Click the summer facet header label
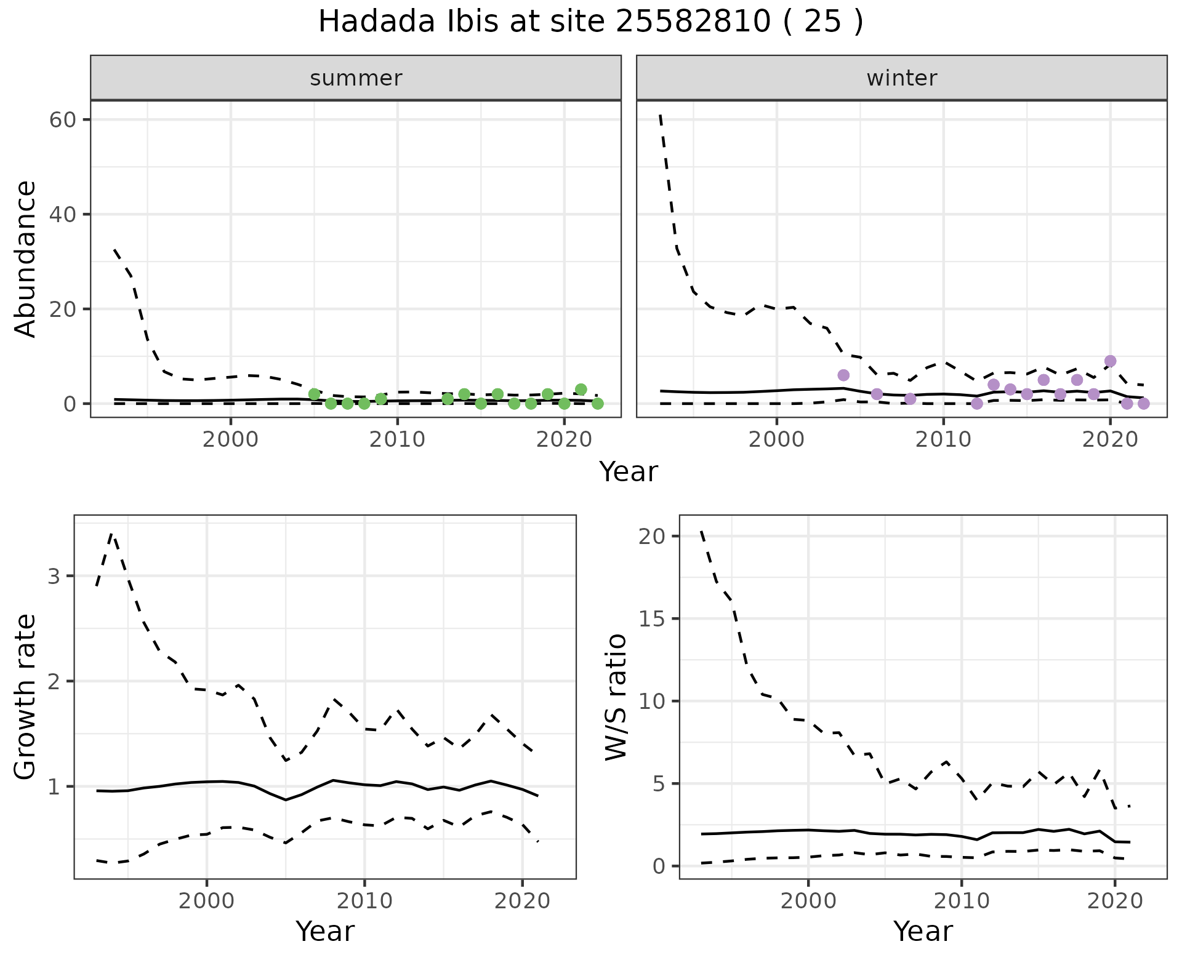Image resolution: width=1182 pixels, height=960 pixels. pos(356,78)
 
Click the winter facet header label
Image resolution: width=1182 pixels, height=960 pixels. pos(901,78)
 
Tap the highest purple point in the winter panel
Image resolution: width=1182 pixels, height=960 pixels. pos(1110,361)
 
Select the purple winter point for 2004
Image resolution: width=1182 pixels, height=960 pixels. pos(843,375)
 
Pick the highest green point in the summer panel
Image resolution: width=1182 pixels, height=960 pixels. pos(581,390)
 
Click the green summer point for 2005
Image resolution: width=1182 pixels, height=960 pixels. pos(314,394)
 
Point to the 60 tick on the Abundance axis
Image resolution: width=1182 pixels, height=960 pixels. pos(62,119)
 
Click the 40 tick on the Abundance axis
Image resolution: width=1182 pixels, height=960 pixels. pos(62,214)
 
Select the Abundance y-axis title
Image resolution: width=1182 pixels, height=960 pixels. pos(26,258)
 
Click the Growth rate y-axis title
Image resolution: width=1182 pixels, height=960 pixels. pos(26,697)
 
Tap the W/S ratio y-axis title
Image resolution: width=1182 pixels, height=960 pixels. pos(616,697)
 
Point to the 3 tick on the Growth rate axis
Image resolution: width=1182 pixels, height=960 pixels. pos(53,577)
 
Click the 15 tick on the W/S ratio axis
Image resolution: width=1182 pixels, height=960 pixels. pos(651,619)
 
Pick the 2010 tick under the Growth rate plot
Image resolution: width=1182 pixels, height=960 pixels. pos(364,902)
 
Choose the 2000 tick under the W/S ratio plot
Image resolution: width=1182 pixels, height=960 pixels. pos(808,902)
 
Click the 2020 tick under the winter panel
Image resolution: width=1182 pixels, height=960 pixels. pos(1110,440)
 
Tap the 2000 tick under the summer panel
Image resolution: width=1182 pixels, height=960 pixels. pos(231,440)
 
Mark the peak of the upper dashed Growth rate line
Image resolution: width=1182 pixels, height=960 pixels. pos(111,534)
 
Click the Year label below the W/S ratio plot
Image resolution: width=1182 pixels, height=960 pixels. pos(923,932)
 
